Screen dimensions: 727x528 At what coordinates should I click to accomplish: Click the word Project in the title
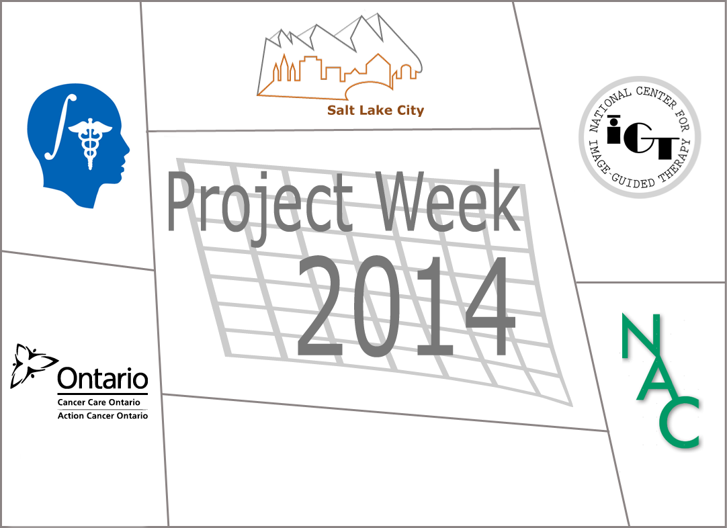tap(259, 207)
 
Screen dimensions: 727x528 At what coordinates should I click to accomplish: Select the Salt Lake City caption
tap(376, 110)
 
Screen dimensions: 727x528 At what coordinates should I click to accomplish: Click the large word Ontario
tap(103, 378)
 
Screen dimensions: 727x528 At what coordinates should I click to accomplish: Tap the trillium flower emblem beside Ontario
tap(32, 365)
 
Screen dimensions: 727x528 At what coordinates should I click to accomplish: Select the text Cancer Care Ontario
tap(99, 402)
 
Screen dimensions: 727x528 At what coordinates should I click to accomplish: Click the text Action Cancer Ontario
tap(103, 416)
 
